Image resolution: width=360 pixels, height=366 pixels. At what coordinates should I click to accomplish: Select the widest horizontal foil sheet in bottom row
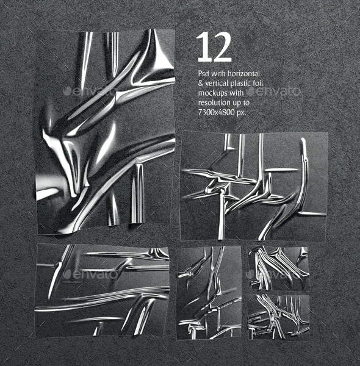[x=103, y=290]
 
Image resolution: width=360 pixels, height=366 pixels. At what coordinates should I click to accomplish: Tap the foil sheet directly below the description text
[x=254, y=185]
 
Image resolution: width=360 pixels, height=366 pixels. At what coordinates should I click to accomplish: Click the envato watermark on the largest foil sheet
[x=89, y=91]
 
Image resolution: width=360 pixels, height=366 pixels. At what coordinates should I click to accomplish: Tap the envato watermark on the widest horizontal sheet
[x=89, y=274]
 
